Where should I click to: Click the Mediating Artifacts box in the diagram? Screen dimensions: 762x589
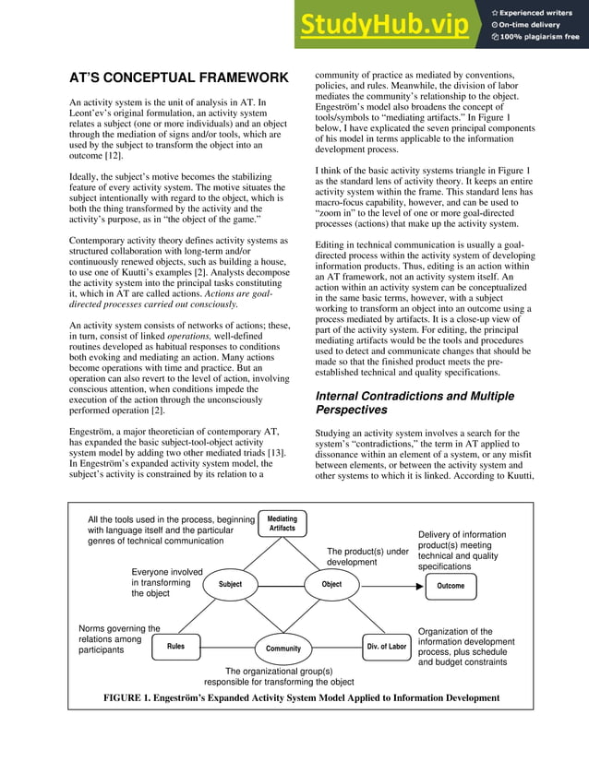(x=282, y=523)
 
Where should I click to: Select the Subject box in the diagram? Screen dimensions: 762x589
(x=230, y=584)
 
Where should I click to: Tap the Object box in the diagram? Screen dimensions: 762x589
(x=331, y=584)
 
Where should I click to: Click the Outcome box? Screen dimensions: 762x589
(x=451, y=585)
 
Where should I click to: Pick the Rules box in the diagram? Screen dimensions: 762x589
(x=175, y=647)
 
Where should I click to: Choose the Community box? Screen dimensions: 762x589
(x=283, y=648)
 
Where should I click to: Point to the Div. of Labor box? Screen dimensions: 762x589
(x=386, y=647)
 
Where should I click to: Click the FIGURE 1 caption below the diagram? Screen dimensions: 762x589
(x=301, y=698)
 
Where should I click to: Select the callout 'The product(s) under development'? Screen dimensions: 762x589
(x=367, y=556)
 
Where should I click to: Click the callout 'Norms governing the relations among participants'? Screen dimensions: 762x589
(x=118, y=639)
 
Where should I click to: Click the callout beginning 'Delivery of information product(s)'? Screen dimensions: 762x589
(x=463, y=550)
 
